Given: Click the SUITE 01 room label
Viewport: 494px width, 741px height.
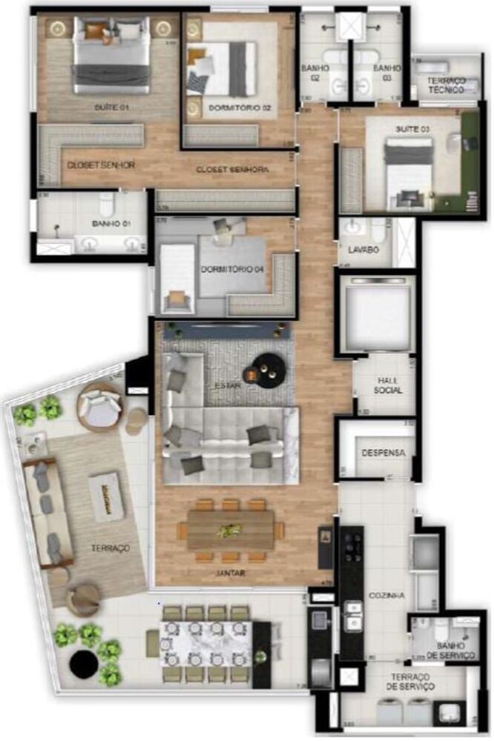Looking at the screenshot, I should pyautogui.click(x=111, y=107).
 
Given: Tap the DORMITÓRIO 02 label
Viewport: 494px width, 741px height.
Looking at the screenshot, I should pyautogui.click(x=239, y=107).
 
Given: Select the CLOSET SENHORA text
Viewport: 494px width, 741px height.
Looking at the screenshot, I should pyautogui.click(x=232, y=170).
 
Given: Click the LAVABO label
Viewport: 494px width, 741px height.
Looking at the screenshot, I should pyautogui.click(x=362, y=250).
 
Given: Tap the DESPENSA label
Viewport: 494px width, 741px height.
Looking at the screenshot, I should pyautogui.click(x=383, y=452).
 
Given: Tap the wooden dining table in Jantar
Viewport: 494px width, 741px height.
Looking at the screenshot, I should pyautogui.click(x=231, y=529).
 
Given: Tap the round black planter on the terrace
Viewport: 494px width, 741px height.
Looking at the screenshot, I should pyautogui.click(x=84, y=664).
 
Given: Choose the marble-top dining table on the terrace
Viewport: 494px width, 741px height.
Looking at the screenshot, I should pyautogui.click(x=207, y=644).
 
